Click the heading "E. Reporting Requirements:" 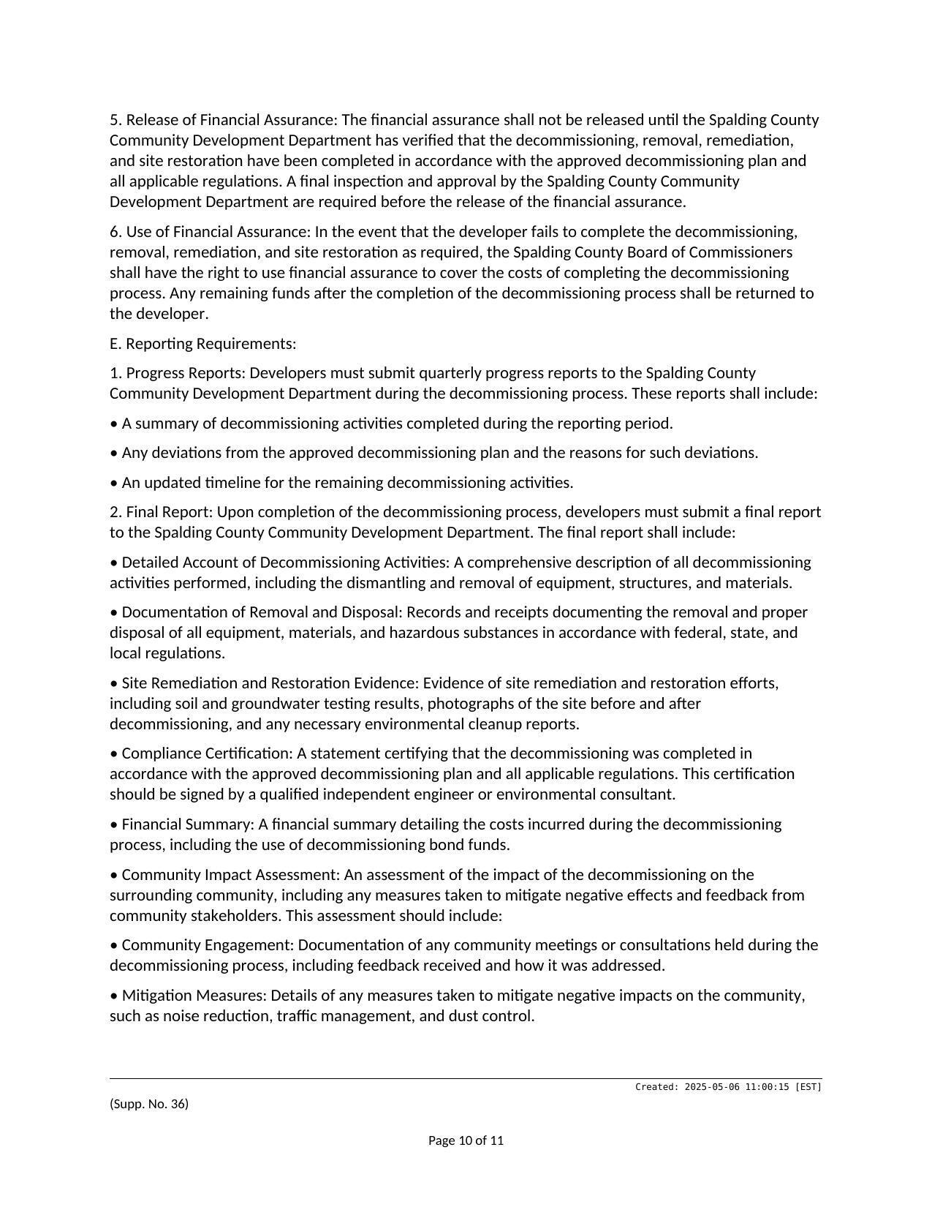point(202,344)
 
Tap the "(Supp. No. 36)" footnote point(149,1104)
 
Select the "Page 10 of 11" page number point(466,1140)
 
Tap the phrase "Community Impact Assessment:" point(231,875)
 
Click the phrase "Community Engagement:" point(208,945)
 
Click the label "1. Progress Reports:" point(179,373)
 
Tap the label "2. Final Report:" point(162,512)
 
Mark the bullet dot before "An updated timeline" point(113,483)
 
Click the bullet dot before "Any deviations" point(113,453)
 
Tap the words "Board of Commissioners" point(716,252)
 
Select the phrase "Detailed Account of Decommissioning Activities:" point(285,563)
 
